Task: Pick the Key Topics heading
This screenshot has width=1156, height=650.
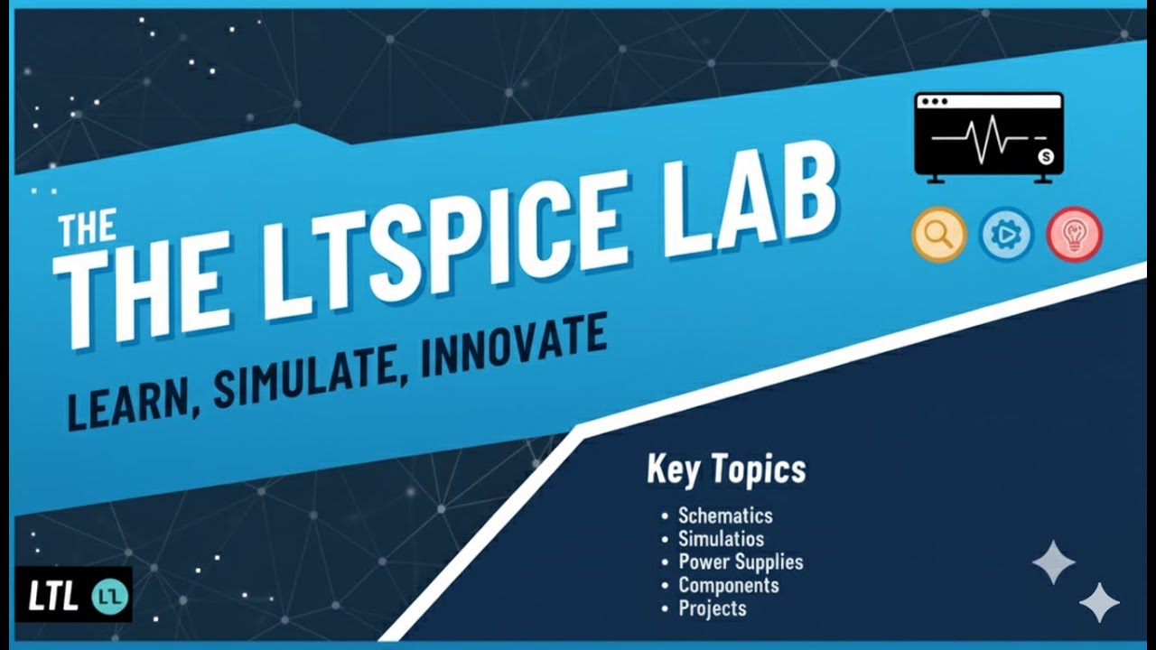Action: (726, 470)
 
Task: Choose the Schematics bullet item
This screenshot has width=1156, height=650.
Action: (725, 515)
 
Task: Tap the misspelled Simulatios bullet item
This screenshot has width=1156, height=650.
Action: (721, 539)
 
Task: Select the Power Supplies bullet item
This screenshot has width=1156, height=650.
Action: (741, 562)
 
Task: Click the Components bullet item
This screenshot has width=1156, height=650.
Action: (728, 585)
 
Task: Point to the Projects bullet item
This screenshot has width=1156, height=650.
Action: (713, 608)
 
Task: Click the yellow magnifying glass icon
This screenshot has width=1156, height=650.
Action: (938, 235)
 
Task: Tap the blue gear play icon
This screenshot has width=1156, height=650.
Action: (1006, 235)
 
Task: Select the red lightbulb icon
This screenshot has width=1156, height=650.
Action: (1074, 235)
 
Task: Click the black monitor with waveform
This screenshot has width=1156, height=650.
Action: (989, 135)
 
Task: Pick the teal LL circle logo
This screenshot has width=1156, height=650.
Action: (111, 596)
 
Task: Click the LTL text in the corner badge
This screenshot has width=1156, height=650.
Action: (52, 597)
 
